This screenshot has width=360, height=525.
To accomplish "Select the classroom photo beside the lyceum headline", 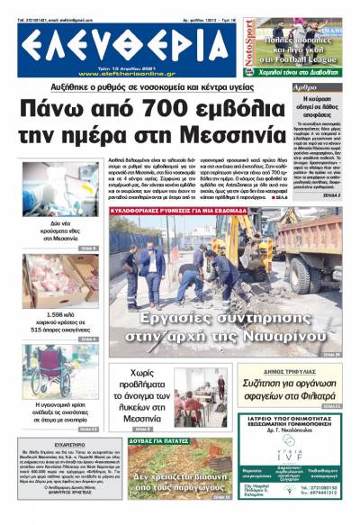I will pyautogui.click(x=201, y=397).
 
